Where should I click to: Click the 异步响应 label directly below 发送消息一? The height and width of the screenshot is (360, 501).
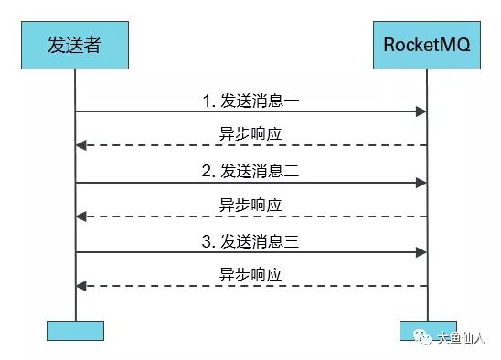tap(250, 133)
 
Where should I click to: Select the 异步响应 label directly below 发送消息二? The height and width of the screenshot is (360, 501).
tap(250, 204)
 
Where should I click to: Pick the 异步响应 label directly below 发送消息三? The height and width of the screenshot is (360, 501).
tap(250, 274)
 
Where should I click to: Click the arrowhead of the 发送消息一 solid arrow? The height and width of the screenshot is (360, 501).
tap(422, 111)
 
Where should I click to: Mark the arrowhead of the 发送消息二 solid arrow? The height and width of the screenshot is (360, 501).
tap(422, 183)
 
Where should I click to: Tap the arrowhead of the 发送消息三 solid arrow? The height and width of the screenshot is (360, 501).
tap(422, 252)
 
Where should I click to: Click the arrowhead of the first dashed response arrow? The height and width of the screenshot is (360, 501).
tap(80, 145)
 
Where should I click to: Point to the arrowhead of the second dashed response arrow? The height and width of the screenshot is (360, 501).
tap(80, 217)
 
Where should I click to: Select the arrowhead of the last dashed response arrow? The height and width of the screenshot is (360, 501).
tap(80, 287)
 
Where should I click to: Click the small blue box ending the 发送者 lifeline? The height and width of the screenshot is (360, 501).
tap(74, 330)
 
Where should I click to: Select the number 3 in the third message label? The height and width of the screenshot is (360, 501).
tap(207, 241)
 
